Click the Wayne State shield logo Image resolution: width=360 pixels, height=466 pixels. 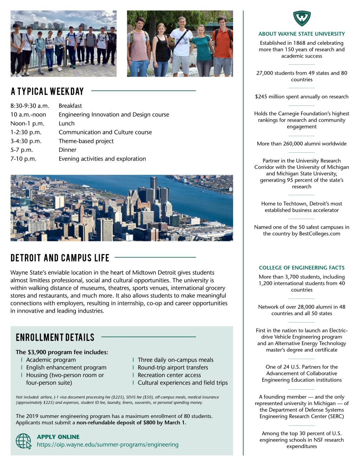pyautogui.click(x=302, y=18)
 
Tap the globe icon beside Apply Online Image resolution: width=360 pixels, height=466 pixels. pyautogui.click(x=24, y=441)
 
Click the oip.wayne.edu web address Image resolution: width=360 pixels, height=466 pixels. pyautogui.click(x=108, y=445)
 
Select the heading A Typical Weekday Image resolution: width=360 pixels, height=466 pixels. pyautogui.click(x=47, y=91)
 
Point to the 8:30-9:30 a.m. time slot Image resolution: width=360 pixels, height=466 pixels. pyautogui.click(x=30, y=106)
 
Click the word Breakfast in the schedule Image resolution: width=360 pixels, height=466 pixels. pyautogui.click(x=70, y=106)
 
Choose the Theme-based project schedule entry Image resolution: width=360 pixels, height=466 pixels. pyautogui.click(x=86, y=141)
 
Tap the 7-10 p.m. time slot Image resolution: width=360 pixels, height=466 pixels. pyautogui.click(x=24, y=159)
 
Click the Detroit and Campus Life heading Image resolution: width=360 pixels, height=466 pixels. pyautogui.click(x=60, y=258)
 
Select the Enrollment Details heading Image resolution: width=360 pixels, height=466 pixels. pyautogui.click(x=55, y=338)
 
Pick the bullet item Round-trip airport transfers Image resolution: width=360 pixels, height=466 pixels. pyautogui.click(x=173, y=368)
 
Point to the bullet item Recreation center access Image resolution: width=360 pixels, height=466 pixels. pyautogui.click(x=169, y=375)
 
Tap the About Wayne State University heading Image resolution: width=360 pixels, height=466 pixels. pyautogui.click(x=302, y=34)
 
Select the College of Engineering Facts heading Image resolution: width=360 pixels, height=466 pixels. pyautogui.click(x=302, y=268)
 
